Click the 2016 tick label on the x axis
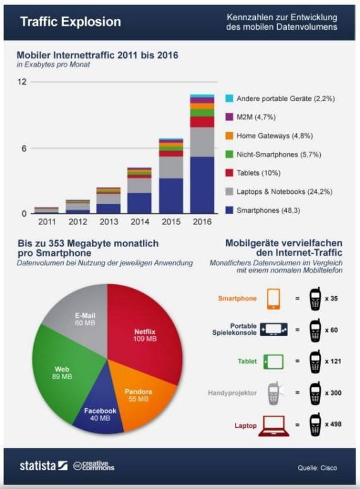click(202, 222)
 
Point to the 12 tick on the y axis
click(22, 82)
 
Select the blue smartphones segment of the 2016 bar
click(202, 185)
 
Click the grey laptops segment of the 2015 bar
click(171, 167)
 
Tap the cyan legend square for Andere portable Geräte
click(229, 99)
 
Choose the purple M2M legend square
click(229, 117)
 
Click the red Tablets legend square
click(229, 172)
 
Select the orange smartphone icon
click(273, 299)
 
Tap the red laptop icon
click(273, 426)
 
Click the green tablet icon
click(273, 362)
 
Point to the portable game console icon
click(273, 330)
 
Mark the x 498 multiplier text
click(333, 424)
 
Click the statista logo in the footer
click(44, 466)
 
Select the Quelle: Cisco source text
click(317, 468)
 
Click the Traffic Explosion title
click(71, 22)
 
